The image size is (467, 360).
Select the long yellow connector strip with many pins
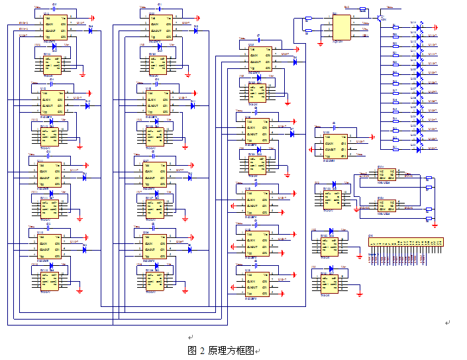click(406, 242)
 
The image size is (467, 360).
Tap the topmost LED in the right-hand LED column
click(419, 27)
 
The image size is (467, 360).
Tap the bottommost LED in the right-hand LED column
click(419, 149)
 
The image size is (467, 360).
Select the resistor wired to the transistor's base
click(362, 10)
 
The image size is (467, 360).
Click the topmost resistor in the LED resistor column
click(396, 27)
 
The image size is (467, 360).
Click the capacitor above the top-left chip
click(54, 8)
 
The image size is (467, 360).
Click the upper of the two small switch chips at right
click(386, 175)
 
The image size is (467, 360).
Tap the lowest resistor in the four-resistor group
click(429, 218)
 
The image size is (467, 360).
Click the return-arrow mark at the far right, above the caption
click(447, 323)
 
